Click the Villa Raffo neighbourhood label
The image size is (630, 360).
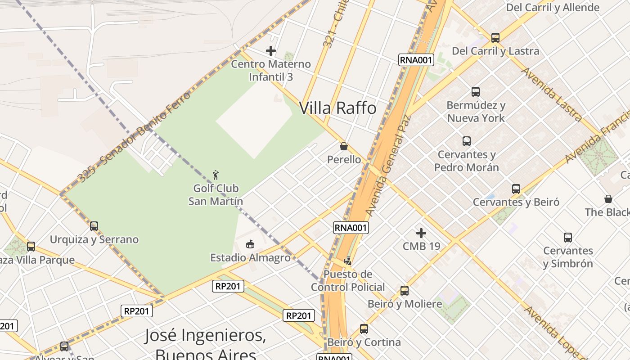337,108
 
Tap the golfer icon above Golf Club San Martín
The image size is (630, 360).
216,175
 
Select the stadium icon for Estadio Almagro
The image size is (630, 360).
250,244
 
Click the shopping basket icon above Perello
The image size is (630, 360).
344,146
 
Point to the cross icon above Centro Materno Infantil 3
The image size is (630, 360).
271,51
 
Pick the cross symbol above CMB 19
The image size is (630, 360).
421,233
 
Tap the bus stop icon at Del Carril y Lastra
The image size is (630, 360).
495,38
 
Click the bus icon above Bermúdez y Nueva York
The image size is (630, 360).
476,92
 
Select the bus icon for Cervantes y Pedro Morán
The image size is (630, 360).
467,141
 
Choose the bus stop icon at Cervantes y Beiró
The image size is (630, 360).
516,189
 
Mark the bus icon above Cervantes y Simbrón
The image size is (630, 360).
568,238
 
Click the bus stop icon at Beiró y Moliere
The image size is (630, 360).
405,291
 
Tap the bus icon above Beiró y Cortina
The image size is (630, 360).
364,329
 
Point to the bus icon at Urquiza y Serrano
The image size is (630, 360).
94,226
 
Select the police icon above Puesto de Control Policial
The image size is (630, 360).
347,261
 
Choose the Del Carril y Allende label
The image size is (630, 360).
553,8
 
